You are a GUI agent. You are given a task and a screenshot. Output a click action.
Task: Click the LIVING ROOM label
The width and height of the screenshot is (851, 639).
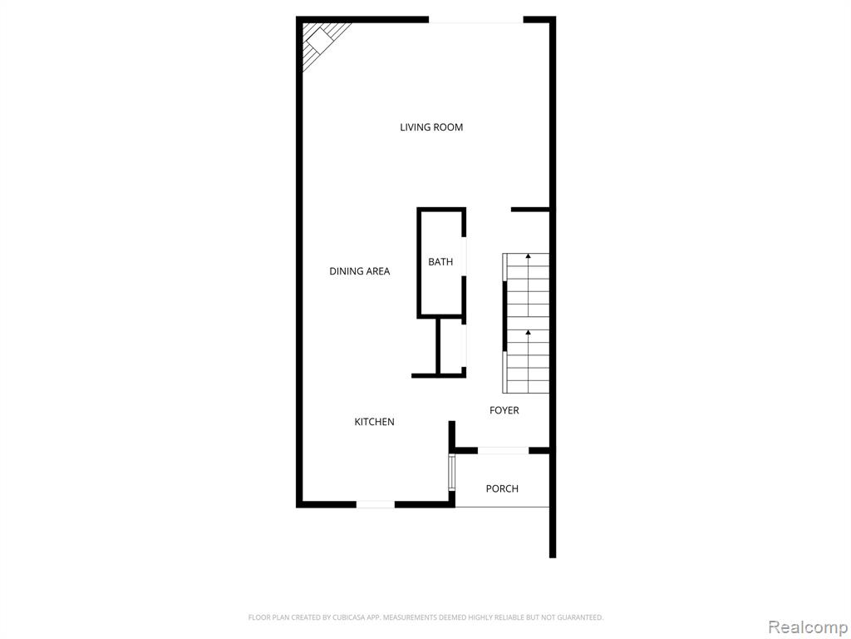coord(431,127)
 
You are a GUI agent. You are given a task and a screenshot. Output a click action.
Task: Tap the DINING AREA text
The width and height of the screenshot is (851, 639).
coord(359,271)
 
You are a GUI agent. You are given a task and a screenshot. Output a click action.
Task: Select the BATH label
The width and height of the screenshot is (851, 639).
coord(440,262)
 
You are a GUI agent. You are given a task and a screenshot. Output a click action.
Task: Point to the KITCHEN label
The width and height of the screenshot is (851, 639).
coord(374,422)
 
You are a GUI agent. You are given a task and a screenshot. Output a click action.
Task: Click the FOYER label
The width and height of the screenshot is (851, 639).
coord(504,410)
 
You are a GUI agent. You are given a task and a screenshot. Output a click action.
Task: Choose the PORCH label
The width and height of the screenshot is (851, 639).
coord(502,488)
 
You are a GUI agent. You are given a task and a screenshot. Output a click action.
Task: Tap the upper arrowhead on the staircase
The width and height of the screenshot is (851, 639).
coord(528,255)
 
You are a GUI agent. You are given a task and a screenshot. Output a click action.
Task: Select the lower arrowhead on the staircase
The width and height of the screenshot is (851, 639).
coord(528,332)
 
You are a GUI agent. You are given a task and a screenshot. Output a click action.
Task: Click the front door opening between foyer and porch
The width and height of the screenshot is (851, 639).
coord(503,450)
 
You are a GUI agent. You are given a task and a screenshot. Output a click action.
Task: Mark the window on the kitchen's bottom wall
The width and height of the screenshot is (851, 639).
coord(375,505)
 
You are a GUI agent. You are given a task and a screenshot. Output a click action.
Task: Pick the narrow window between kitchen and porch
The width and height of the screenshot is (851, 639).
coord(451,473)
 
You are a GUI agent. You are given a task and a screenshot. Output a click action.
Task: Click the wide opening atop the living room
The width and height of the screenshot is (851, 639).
coord(476,20)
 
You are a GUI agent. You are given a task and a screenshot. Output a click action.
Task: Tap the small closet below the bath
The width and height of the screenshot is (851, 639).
coord(451,346)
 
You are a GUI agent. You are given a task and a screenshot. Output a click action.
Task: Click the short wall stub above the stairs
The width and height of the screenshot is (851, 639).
coord(530,210)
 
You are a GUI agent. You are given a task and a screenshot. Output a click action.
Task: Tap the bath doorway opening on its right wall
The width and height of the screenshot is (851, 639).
coord(464,256)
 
